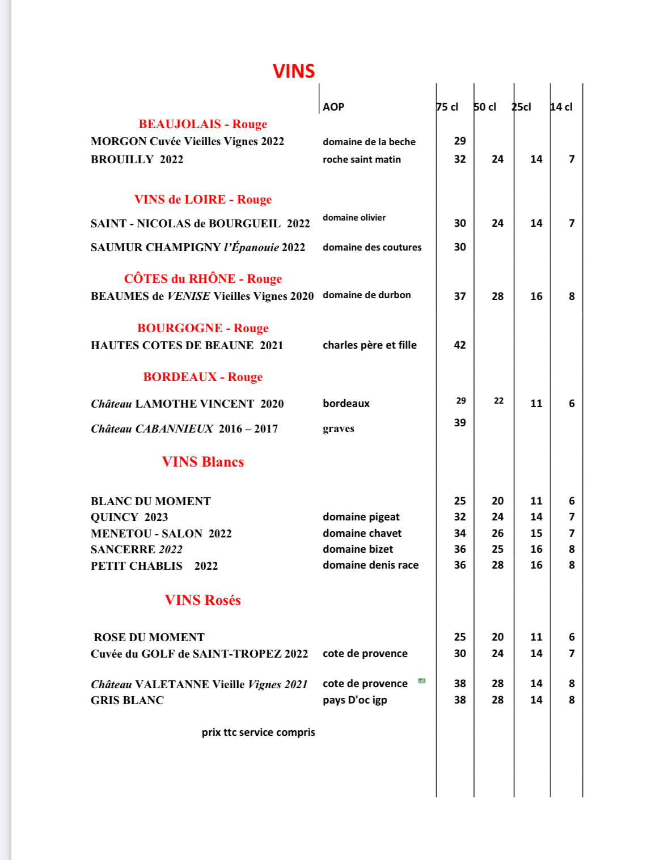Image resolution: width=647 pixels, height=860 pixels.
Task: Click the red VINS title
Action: (294, 71)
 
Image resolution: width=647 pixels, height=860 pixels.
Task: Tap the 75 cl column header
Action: (447, 107)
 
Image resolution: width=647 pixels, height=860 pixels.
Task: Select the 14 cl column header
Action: (561, 107)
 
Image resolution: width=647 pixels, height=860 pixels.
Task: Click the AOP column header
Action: (333, 107)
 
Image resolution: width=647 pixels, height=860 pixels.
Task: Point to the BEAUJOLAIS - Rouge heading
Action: (202, 124)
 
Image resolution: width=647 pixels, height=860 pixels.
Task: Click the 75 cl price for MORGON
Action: (460, 141)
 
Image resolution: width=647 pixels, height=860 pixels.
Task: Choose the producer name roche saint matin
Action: (362, 160)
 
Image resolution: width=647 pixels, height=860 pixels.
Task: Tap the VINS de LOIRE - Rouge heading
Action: (202, 200)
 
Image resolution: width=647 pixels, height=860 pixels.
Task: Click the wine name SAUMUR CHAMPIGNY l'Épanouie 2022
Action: (198, 247)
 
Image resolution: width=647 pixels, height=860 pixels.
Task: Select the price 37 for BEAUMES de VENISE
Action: (460, 296)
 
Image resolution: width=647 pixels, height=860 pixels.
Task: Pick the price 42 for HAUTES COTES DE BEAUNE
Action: (460, 345)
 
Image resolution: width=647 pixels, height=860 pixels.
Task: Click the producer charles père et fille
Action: (370, 345)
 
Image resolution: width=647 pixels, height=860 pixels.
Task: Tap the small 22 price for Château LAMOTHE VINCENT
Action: (498, 401)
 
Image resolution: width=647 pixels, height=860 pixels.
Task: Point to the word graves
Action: (339, 429)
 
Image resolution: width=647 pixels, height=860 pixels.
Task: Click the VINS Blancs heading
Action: (202, 462)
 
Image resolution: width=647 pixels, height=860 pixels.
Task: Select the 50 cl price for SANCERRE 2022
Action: (497, 549)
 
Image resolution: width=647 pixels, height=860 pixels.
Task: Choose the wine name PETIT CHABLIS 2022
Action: (154, 566)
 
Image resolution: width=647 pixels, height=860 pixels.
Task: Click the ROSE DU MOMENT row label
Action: (149, 637)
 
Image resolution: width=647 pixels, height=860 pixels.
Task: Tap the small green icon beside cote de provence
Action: (421, 681)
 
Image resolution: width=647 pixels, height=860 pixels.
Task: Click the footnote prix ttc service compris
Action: (258, 732)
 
